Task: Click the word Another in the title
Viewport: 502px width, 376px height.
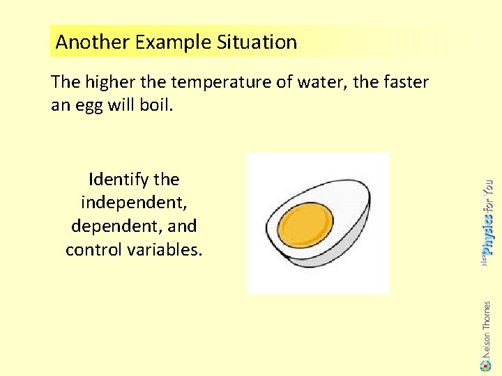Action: [x=93, y=42]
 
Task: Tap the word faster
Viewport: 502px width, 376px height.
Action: [x=404, y=83]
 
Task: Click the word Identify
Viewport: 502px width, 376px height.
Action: [x=118, y=180]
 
